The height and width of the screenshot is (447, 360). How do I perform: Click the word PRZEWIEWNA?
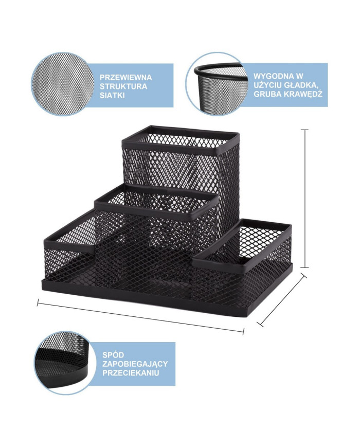click(x=125, y=78)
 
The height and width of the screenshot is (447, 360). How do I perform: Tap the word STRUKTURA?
click(x=123, y=86)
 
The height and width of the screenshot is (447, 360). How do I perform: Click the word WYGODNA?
click(x=272, y=76)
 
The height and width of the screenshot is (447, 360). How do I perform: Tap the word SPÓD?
click(x=113, y=355)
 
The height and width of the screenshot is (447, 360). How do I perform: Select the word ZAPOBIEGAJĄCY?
click(x=135, y=364)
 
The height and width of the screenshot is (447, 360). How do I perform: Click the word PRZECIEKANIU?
click(x=131, y=373)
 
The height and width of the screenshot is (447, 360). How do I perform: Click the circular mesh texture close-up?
click(x=63, y=84)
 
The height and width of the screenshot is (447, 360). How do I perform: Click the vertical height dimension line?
click(x=305, y=199)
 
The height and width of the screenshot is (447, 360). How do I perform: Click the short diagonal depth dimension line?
click(x=282, y=299)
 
